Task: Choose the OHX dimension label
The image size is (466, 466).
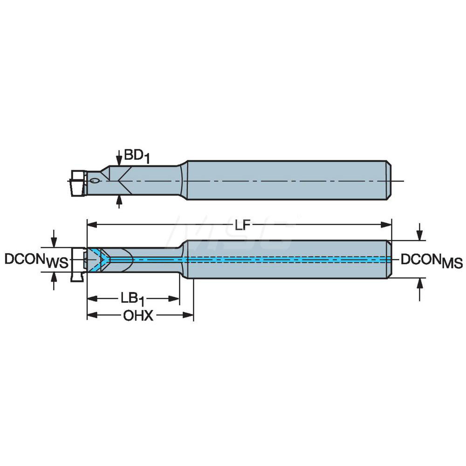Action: coord(138,316)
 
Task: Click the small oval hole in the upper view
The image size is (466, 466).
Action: coord(95,180)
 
